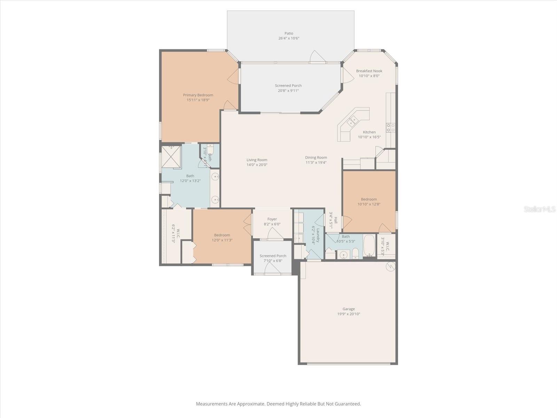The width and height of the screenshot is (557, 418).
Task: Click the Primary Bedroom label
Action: pos(198,95)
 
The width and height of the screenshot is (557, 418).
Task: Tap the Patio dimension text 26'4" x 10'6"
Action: pos(289,38)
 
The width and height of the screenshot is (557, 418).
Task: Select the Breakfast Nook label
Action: pos(369,71)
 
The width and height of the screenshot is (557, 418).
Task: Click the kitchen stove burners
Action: pos(391,127)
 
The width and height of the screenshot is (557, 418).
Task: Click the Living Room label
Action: pos(257,160)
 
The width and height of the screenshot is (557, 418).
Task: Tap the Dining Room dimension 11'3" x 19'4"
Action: pos(316,162)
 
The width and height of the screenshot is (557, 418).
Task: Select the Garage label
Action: pos(348,309)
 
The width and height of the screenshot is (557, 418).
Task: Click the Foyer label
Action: pos(272,219)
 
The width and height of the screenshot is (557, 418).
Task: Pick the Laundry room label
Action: pos(318,235)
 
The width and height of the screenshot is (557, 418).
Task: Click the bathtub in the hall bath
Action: pos(369,246)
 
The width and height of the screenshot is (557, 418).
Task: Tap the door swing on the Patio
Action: pos(318,57)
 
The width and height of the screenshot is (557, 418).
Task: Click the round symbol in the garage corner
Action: pos(391,266)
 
